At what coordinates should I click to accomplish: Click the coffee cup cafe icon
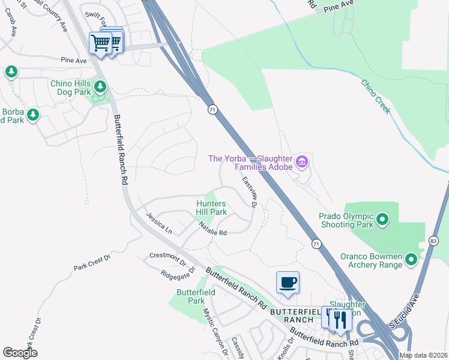click(288, 283)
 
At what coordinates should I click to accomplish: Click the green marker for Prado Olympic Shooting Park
click(384, 221)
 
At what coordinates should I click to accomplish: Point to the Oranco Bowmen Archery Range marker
click(411, 259)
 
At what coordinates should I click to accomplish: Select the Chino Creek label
click(376, 96)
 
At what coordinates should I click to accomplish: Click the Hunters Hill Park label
click(211, 208)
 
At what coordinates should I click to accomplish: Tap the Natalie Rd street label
click(213, 229)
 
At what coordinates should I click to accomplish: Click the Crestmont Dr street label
click(169, 257)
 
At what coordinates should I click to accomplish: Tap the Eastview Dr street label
click(250, 192)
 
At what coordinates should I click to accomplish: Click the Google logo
click(20, 353)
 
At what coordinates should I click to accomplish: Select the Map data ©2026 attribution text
click(423, 355)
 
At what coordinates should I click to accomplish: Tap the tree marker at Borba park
click(32, 114)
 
